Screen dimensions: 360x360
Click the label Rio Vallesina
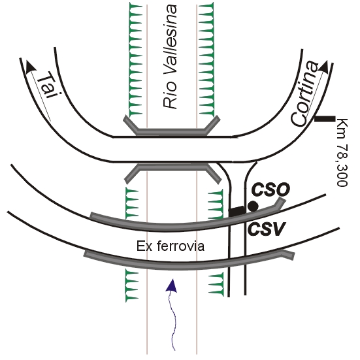point(171,56)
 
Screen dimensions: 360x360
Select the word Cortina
point(304,93)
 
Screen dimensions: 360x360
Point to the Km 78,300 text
point(343,152)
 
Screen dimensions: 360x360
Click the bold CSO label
point(270,190)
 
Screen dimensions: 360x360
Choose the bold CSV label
point(267,229)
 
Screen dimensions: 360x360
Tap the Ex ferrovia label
point(171,246)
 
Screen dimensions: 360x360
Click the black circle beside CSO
point(253,206)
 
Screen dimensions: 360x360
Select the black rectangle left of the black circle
point(237,211)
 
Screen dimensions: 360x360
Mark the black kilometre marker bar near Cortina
point(325,119)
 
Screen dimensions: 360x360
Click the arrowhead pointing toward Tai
point(31,67)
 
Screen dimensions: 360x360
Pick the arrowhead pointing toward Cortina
point(323,67)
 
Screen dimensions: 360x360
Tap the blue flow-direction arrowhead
point(172,286)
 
